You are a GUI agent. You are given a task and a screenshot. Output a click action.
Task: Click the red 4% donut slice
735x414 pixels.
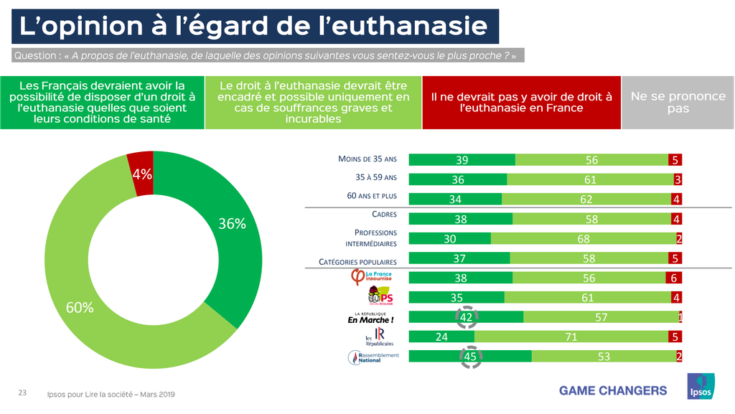coord(141,172)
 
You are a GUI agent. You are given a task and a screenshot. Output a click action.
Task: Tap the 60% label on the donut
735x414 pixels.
coord(80,307)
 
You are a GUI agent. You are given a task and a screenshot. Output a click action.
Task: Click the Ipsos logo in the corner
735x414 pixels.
coord(701,388)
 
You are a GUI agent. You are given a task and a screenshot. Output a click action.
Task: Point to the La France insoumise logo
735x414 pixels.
coord(370,277)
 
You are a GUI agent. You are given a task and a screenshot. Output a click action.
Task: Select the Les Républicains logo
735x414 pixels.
coord(375,337)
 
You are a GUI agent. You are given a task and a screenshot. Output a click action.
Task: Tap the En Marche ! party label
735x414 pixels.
coord(370,317)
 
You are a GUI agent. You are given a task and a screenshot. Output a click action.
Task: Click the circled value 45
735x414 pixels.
coord(470,357)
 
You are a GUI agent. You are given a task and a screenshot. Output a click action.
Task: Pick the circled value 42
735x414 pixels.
coord(466,317)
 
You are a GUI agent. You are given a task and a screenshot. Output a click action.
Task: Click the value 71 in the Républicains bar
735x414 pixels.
coord(571,337)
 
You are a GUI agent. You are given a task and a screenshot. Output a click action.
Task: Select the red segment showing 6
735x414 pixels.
coord(675,278)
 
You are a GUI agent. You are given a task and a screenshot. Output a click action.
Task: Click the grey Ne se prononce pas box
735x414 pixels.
coord(678,103)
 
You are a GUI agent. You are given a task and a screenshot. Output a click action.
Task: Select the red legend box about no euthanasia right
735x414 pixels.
coord(521,103)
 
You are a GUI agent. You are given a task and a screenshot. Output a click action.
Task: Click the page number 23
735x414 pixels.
coord(22,393)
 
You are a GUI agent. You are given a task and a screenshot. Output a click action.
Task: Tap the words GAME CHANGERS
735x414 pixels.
coord(613,390)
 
